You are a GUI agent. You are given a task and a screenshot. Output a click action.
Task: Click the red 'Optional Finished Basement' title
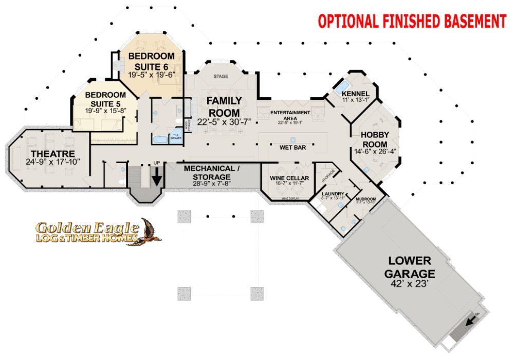click(412, 22)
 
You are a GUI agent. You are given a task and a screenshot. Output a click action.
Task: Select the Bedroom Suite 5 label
click(105, 99)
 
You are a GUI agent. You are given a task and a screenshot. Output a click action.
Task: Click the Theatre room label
click(52, 154)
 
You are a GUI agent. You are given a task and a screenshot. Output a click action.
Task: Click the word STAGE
click(221, 77)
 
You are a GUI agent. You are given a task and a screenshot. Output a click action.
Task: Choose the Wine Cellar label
click(289, 178)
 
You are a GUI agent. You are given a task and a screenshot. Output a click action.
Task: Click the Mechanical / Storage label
click(212, 172)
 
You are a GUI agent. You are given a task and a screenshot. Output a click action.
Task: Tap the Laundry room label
click(328, 193)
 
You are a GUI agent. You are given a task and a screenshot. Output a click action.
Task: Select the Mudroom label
click(366, 199)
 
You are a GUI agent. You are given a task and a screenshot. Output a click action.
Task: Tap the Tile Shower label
click(176, 136)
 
